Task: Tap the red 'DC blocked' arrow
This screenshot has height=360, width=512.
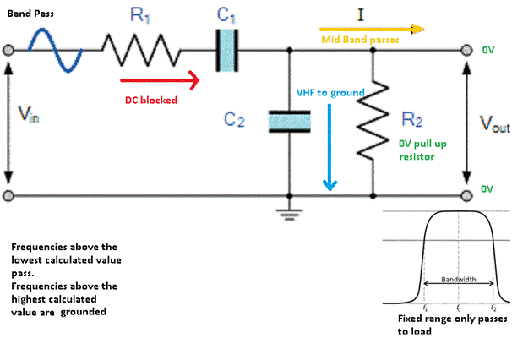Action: pos(160,81)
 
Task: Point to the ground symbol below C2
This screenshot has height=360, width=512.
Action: pos(290,211)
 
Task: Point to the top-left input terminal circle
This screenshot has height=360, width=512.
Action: pos(8,51)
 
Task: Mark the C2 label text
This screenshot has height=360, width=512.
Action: pos(233,120)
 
